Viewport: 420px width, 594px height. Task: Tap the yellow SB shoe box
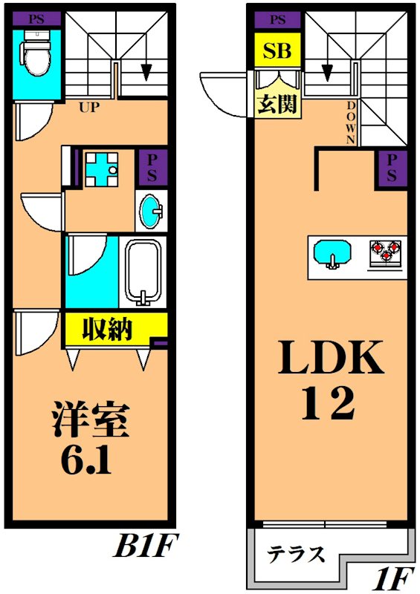pyautogui.click(x=279, y=51)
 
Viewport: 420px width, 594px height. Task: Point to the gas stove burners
pyautogui.click(x=386, y=252)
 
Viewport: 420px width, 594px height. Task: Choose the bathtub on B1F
pyautogui.click(x=145, y=272)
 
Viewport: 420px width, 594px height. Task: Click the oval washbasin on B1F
pyautogui.click(x=151, y=211)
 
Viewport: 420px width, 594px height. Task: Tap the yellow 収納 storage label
pyautogui.click(x=107, y=328)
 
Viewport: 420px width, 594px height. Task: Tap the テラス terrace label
pyautogui.click(x=296, y=554)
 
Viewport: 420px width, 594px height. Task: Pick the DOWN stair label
pyautogui.click(x=352, y=123)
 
